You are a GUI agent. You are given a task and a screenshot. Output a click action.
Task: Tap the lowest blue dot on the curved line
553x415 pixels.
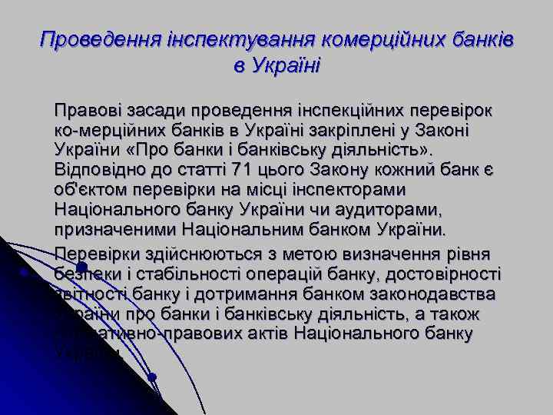pyautogui.click(x=152, y=377)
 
